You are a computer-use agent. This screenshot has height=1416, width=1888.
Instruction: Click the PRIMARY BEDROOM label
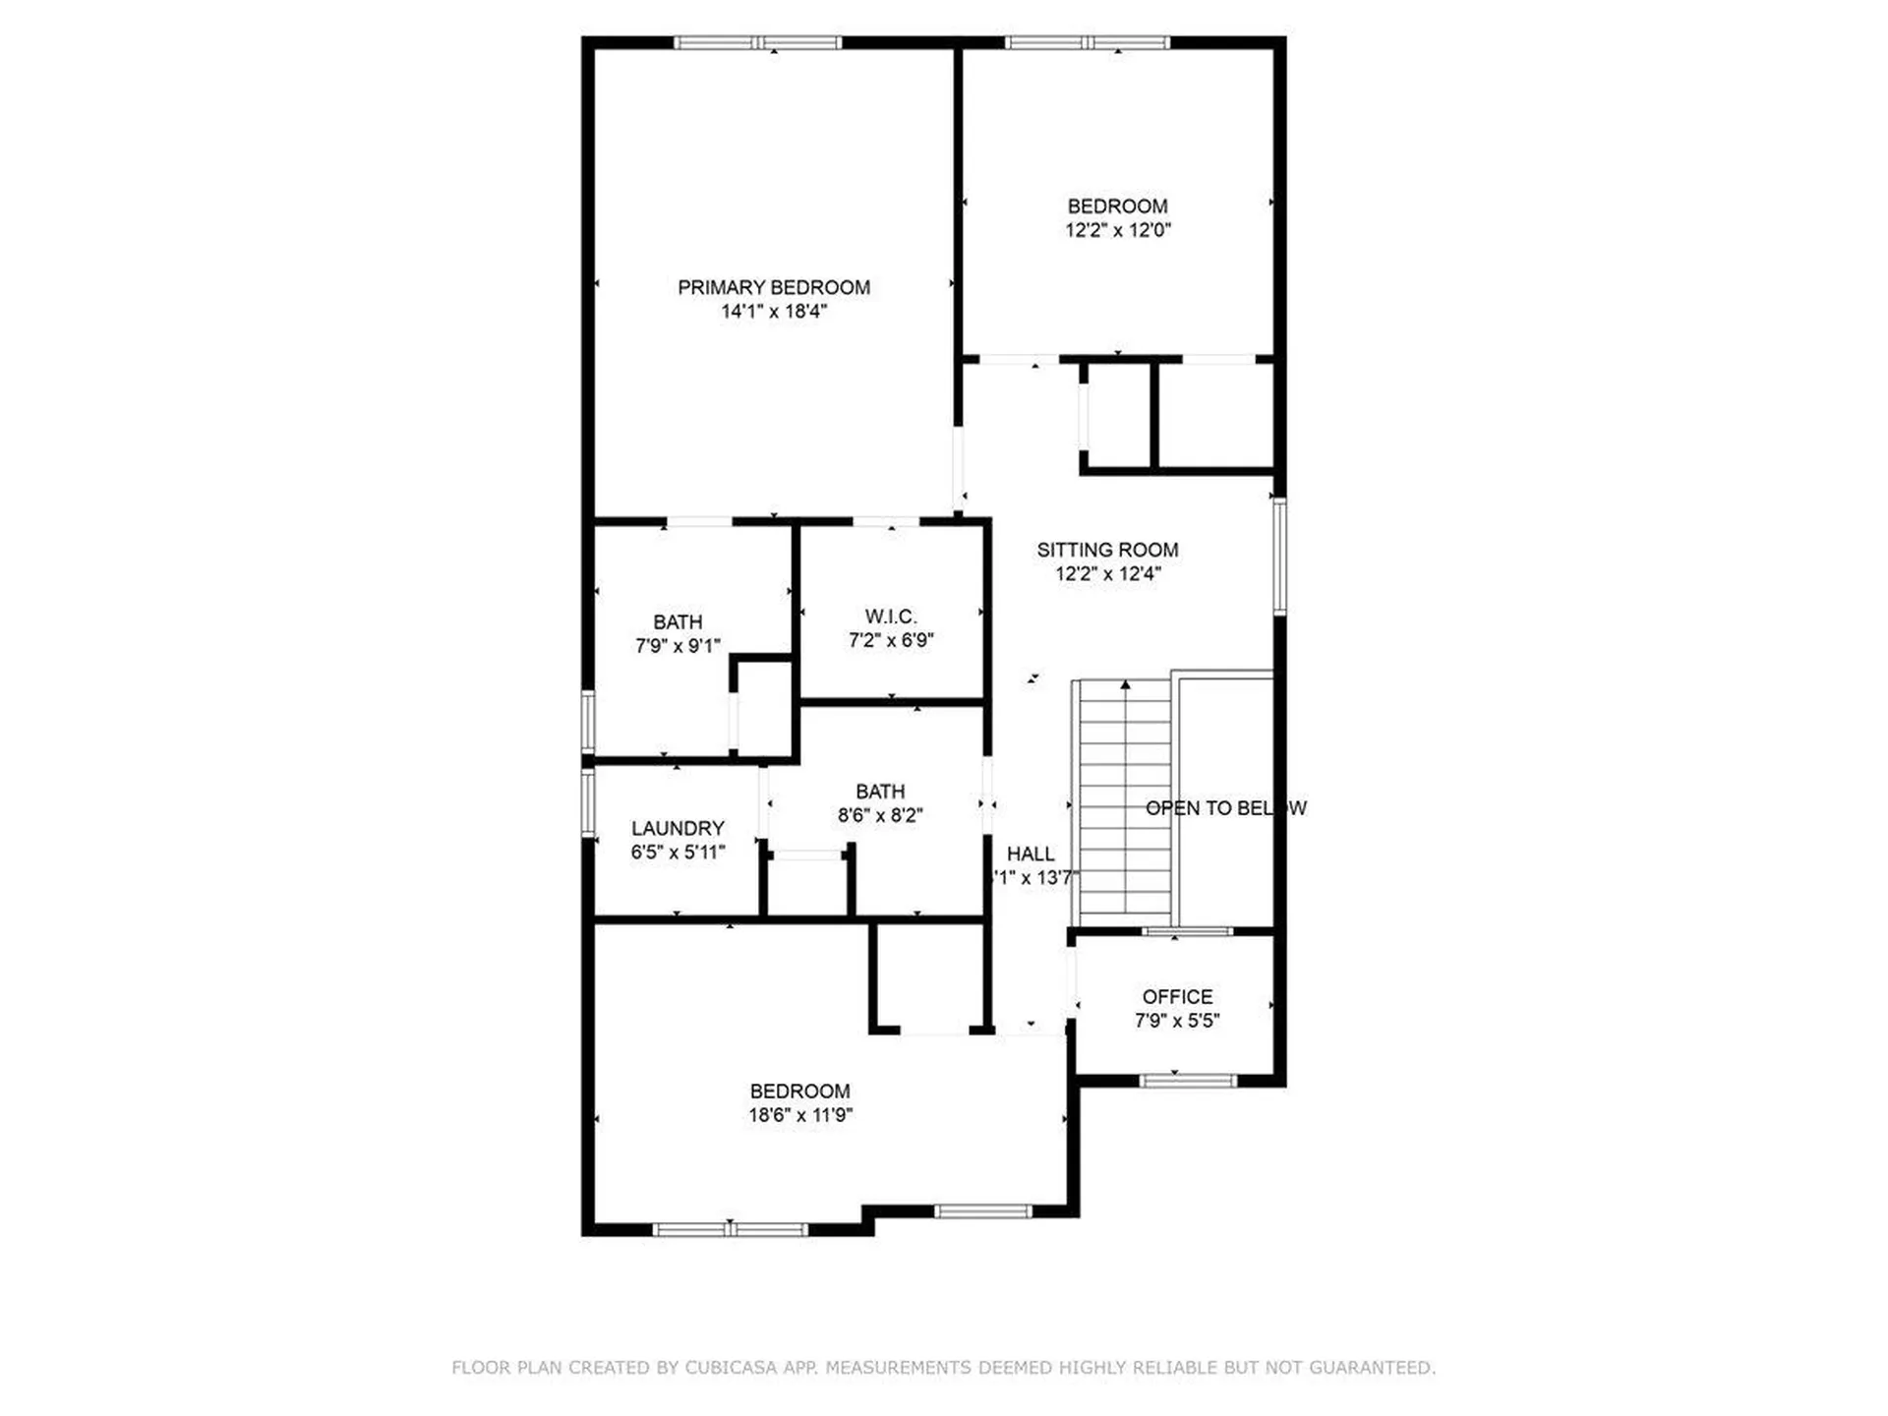[774, 287]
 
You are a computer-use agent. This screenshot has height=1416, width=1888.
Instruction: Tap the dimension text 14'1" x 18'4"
[774, 312]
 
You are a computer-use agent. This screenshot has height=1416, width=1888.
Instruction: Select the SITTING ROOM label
[1107, 550]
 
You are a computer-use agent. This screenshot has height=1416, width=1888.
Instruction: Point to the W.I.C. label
[891, 617]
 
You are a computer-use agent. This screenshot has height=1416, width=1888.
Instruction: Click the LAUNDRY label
[678, 829]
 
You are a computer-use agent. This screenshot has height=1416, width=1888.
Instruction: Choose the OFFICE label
[1177, 997]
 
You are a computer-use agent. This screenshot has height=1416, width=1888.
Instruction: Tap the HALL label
[1031, 855]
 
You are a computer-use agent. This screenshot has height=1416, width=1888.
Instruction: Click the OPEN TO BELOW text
[1225, 808]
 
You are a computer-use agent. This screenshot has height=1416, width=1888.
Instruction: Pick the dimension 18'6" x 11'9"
[800, 1115]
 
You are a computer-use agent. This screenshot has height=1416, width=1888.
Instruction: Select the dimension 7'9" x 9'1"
[678, 646]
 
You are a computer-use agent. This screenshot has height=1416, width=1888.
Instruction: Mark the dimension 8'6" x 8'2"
[880, 815]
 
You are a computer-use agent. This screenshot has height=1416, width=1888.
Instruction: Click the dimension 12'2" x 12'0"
[1118, 230]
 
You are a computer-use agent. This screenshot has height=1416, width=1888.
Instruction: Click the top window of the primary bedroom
[757, 43]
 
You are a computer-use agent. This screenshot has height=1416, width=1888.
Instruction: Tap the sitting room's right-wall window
[1279, 557]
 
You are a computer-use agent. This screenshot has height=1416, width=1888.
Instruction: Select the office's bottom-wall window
[1188, 1081]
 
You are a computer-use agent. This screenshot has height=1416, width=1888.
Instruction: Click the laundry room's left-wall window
[588, 802]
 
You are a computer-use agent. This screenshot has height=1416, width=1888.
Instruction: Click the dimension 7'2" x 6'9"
[891, 640]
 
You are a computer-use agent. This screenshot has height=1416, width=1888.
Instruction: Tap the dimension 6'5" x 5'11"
[678, 853]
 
